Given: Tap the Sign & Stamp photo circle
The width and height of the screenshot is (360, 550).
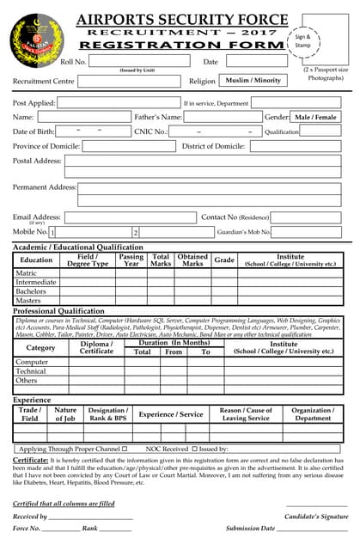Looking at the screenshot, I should (302, 40).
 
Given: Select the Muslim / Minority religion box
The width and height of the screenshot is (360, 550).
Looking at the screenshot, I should (253, 80).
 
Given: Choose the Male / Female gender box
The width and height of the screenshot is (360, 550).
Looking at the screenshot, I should (315, 116).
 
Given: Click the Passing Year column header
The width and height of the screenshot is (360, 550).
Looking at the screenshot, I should (131, 260).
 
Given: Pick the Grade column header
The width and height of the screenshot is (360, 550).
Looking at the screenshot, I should (223, 260).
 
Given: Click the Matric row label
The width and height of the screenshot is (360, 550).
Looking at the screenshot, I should (27, 272).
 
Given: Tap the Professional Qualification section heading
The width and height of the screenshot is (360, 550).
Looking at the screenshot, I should (58, 311).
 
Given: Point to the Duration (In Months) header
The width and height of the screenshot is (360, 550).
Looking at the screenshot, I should (174, 342).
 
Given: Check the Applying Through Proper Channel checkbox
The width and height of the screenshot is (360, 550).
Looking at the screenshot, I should (125, 449).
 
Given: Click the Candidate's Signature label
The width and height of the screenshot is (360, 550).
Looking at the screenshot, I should (315, 516).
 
